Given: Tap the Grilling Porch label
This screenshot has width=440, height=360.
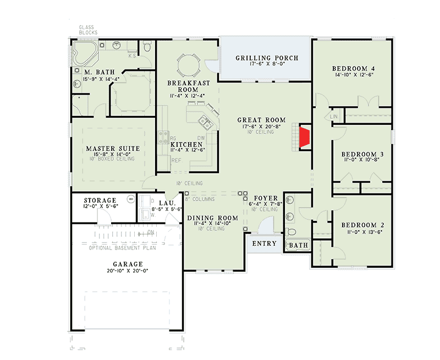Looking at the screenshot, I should (267, 58).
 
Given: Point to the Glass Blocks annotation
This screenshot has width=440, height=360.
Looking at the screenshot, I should (88, 30).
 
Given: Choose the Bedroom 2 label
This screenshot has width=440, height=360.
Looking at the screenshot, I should (362, 225).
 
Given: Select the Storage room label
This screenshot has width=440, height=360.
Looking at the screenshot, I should (100, 201).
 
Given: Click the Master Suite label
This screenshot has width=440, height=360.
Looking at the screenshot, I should (113, 149).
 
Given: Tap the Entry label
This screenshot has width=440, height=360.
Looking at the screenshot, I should (264, 243).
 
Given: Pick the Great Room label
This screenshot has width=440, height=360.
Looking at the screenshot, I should (262, 120).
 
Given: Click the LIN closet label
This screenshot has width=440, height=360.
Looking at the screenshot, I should (333, 117).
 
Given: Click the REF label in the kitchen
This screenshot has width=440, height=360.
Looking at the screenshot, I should (177, 160).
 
